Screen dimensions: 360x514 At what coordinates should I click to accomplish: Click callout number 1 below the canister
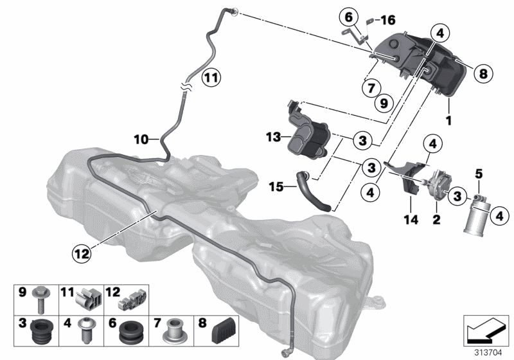pyautogui.click(x=448, y=120)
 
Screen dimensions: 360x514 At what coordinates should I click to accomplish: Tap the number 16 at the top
pyautogui.click(x=387, y=20)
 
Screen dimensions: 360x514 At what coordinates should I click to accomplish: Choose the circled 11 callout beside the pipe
pyautogui.click(x=211, y=79)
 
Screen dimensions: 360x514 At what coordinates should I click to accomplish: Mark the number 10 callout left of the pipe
pyautogui.click(x=141, y=138)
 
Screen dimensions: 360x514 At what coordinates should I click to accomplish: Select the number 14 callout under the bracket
pyautogui.click(x=411, y=220)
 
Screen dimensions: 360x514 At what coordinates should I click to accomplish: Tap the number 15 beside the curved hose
pyautogui.click(x=276, y=187)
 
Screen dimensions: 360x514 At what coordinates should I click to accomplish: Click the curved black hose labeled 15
pyautogui.click(x=315, y=192)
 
